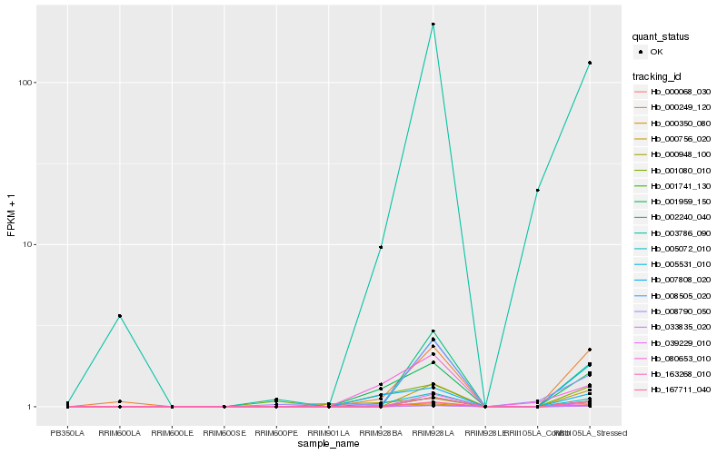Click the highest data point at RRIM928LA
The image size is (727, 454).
[433, 24]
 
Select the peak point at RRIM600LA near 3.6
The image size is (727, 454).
[120, 316]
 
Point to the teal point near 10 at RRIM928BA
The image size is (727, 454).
[381, 247]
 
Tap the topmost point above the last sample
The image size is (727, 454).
[590, 63]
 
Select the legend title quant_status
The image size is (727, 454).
[662, 37]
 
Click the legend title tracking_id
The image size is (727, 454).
[658, 75]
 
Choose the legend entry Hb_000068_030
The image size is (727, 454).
[680, 92]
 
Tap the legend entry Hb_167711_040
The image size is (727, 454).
[680, 390]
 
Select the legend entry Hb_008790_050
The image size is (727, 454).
[680, 311]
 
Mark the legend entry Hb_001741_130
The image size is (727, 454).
[680, 185]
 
